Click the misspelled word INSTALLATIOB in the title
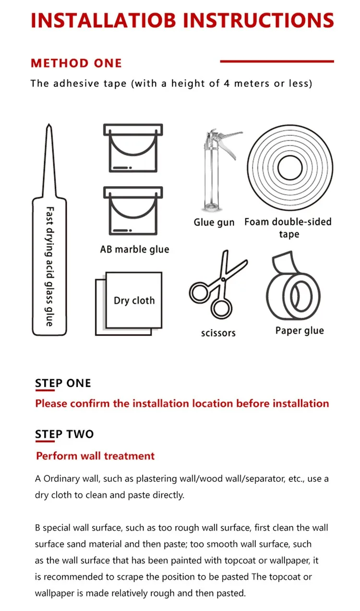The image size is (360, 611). (104, 20)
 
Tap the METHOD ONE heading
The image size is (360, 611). (76, 63)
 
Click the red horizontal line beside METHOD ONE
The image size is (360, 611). (277, 61)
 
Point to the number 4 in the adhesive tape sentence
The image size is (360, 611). (227, 83)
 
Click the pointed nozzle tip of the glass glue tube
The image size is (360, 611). (49, 125)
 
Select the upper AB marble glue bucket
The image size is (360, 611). (133, 148)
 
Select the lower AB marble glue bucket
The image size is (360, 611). (133, 211)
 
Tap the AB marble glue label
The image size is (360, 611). (134, 249)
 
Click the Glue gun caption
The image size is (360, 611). (214, 222)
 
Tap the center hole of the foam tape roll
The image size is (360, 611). (290, 168)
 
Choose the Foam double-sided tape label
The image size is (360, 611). (288, 228)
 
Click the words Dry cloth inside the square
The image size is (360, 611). (134, 300)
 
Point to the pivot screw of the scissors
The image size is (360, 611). (223, 279)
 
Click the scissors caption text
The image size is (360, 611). (218, 333)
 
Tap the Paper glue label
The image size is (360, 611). (300, 331)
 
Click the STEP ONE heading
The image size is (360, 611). (63, 383)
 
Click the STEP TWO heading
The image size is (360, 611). (64, 434)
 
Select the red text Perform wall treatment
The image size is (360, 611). (95, 456)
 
